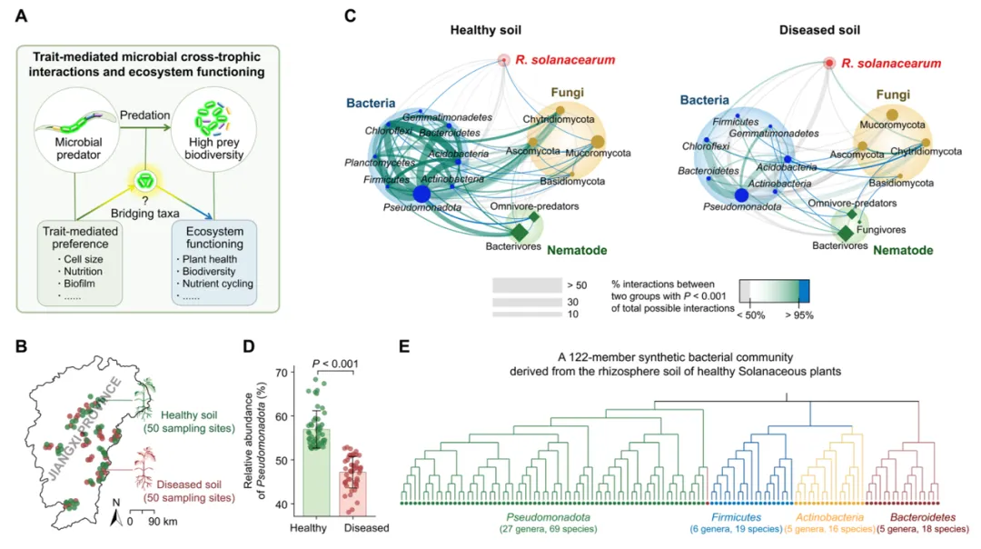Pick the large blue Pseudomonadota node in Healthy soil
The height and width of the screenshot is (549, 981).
click(x=421, y=194)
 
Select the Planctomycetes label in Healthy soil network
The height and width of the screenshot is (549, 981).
click(x=378, y=163)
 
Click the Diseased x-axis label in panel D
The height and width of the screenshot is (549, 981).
click(x=366, y=528)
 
